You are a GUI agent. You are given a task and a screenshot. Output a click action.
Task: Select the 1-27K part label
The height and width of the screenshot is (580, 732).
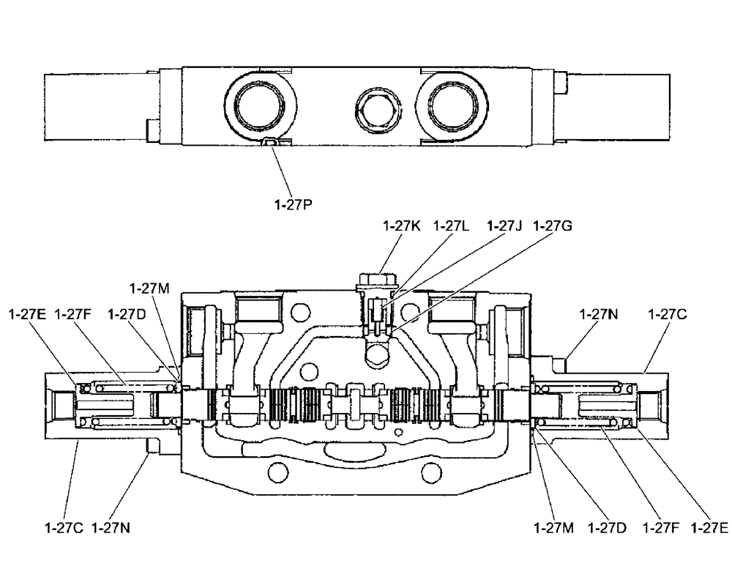tap(401, 226)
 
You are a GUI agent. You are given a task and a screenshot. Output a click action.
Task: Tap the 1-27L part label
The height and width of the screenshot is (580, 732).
tap(452, 226)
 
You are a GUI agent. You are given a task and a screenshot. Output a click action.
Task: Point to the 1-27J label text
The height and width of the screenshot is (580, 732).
tap(504, 226)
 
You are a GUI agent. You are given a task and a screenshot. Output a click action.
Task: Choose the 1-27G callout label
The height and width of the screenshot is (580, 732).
tap(553, 226)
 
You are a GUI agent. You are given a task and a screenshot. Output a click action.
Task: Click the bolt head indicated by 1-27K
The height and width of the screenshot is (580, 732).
tap(375, 279)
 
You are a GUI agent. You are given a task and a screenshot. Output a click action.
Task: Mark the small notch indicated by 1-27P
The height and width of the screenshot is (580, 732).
tap(270, 143)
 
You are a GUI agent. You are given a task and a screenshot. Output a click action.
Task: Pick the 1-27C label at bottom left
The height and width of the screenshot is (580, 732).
tap(64, 527)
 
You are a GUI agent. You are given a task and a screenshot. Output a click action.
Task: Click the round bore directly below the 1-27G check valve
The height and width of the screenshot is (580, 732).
tap(376, 356)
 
